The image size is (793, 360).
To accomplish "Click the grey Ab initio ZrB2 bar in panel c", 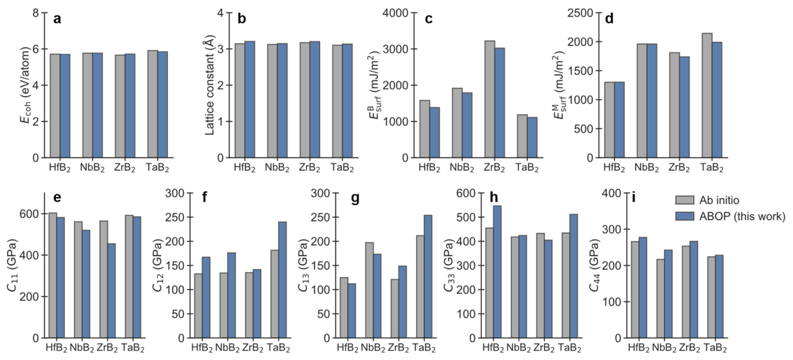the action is (x=489, y=99).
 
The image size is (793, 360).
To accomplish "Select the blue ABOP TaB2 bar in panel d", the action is (x=717, y=100).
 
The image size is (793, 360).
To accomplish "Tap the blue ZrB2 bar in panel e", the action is (x=111, y=291).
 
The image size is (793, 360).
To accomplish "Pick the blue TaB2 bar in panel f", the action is (x=283, y=280).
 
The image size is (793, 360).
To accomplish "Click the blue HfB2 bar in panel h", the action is (x=498, y=272).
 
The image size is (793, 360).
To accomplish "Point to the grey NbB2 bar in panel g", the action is (x=369, y=290).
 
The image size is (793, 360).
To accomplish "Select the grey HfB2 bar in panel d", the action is (x=609, y=120).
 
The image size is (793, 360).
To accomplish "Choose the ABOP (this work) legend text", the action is (x=742, y=216).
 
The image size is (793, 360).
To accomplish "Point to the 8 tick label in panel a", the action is (x=36, y=13).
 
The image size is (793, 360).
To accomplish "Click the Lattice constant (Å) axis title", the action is (x=210, y=85).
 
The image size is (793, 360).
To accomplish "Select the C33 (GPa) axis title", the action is (x=449, y=267).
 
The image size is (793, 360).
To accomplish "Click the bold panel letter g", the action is (x=354, y=198).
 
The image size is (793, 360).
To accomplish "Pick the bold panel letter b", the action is (x=242, y=18).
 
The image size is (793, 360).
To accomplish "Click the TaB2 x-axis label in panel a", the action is (x=158, y=168).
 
